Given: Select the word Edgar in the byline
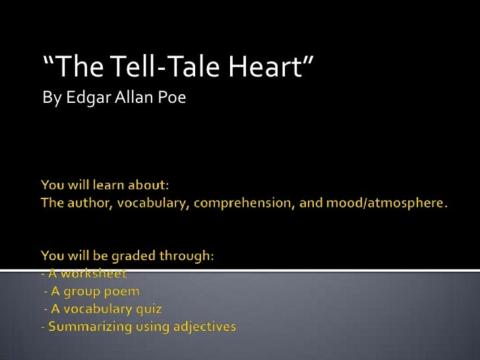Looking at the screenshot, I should coord(78,99).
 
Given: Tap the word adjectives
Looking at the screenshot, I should coord(204,326).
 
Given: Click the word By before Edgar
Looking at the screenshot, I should coord(49,99).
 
